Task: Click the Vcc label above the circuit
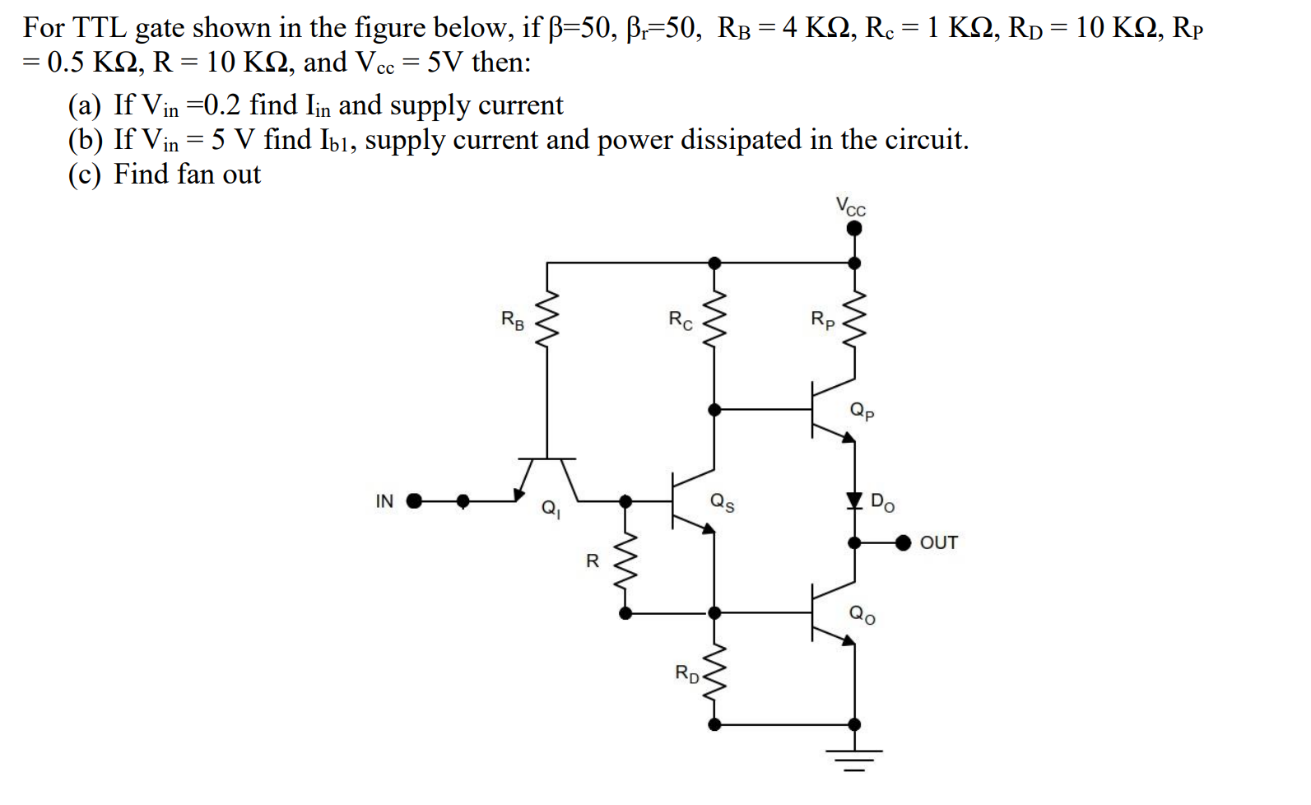[x=851, y=206]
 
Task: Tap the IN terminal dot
[x=414, y=500]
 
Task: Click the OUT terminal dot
[x=904, y=542]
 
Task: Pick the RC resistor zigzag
[x=714, y=320]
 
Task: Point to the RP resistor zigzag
[x=854, y=320]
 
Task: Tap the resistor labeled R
[x=625, y=560]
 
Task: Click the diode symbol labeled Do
[x=854, y=500]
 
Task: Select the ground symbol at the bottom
[x=854, y=759]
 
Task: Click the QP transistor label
[x=862, y=411]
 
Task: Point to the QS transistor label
[x=722, y=502]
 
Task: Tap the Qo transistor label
[x=862, y=613]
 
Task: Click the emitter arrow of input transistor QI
[x=518, y=494]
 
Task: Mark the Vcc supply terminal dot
[x=854, y=228]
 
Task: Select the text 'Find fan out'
[x=187, y=174]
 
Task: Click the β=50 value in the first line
[x=576, y=27]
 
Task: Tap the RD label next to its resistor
[x=687, y=673]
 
